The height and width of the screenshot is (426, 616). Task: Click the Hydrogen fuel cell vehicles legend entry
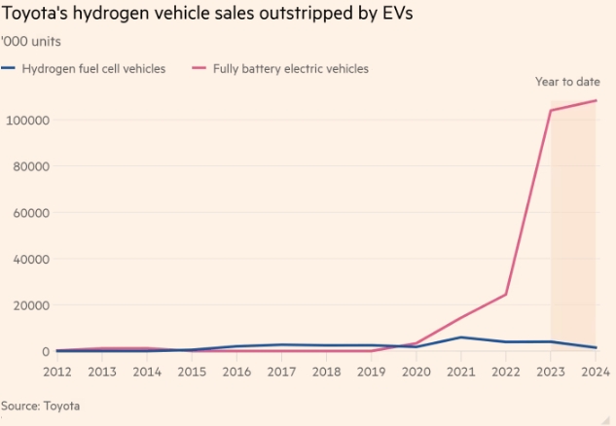[x=93, y=68]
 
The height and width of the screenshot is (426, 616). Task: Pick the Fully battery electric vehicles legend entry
[x=291, y=68]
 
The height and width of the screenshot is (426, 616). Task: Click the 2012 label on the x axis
[x=57, y=372]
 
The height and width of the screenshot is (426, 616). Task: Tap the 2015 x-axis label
[x=192, y=372]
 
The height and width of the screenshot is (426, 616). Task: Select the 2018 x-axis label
[x=326, y=372]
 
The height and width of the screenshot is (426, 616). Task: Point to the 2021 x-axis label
[x=460, y=372]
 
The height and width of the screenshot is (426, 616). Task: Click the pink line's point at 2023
[x=551, y=111]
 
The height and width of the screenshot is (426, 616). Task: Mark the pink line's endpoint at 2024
[x=596, y=101]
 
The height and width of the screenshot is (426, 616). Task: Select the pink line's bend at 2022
[x=506, y=294]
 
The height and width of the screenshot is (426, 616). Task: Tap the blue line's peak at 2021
[x=461, y=337]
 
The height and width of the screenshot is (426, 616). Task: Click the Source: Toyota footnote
[x=40, y=406]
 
